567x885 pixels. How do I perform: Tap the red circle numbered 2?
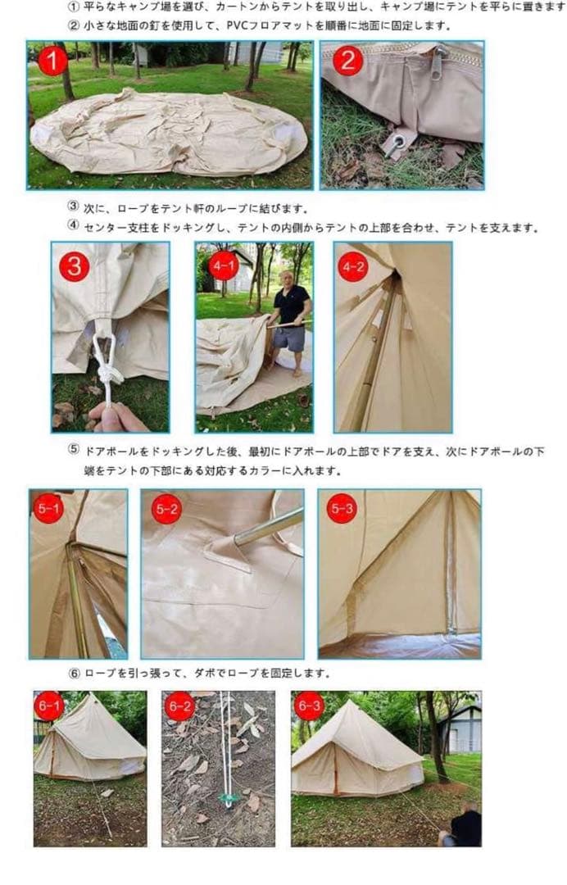[x=347, y=61]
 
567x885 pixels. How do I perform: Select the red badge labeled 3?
[x=74, y=267]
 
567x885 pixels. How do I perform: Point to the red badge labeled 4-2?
[x=354, y=267]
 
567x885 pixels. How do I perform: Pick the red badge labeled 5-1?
[x=48, y=510]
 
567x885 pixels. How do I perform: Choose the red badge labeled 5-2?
[x=166, y=510]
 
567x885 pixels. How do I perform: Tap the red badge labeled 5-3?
[x=341, y=510]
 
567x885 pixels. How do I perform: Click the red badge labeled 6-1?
[x=48, y=706]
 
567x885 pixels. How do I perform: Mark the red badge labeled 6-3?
[x=310, y=706]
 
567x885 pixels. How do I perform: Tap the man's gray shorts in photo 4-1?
[x=288, y=338]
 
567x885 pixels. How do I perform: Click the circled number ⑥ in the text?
[x=74, y=674]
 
